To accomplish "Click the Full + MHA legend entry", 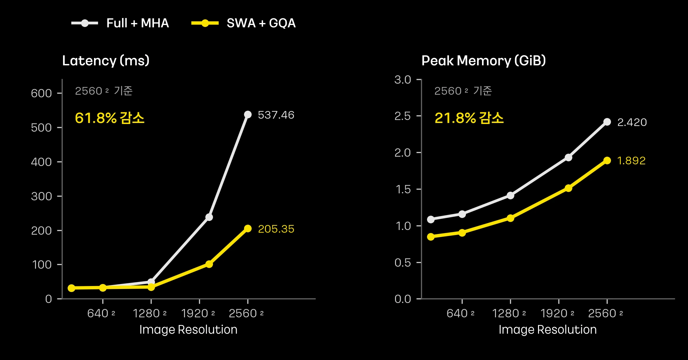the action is (120, 23).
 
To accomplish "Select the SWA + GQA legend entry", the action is (244, 23).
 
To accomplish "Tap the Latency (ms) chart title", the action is (106, 61).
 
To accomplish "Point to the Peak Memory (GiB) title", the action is (484, 61).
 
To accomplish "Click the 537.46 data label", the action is (276, 115).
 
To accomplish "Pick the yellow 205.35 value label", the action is (276, 229).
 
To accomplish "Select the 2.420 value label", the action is (632, 122).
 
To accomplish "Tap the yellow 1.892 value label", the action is (631, 161).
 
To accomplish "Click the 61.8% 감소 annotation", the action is (110, 118).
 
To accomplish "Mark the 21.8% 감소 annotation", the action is (469, 118).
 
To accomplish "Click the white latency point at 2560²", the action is (248, 115).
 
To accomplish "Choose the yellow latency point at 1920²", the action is (209, 264).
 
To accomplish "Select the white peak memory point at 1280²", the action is (510, 195).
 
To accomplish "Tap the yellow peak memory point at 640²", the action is (462, 233).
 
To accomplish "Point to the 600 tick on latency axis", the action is (41, 93).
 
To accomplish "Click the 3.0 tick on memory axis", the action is (403, 80).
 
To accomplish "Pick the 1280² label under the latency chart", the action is (150, 313).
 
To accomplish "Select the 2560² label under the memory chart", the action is (605, 313).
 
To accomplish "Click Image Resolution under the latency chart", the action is (188, 330).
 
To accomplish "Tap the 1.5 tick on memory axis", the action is (404, 189).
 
